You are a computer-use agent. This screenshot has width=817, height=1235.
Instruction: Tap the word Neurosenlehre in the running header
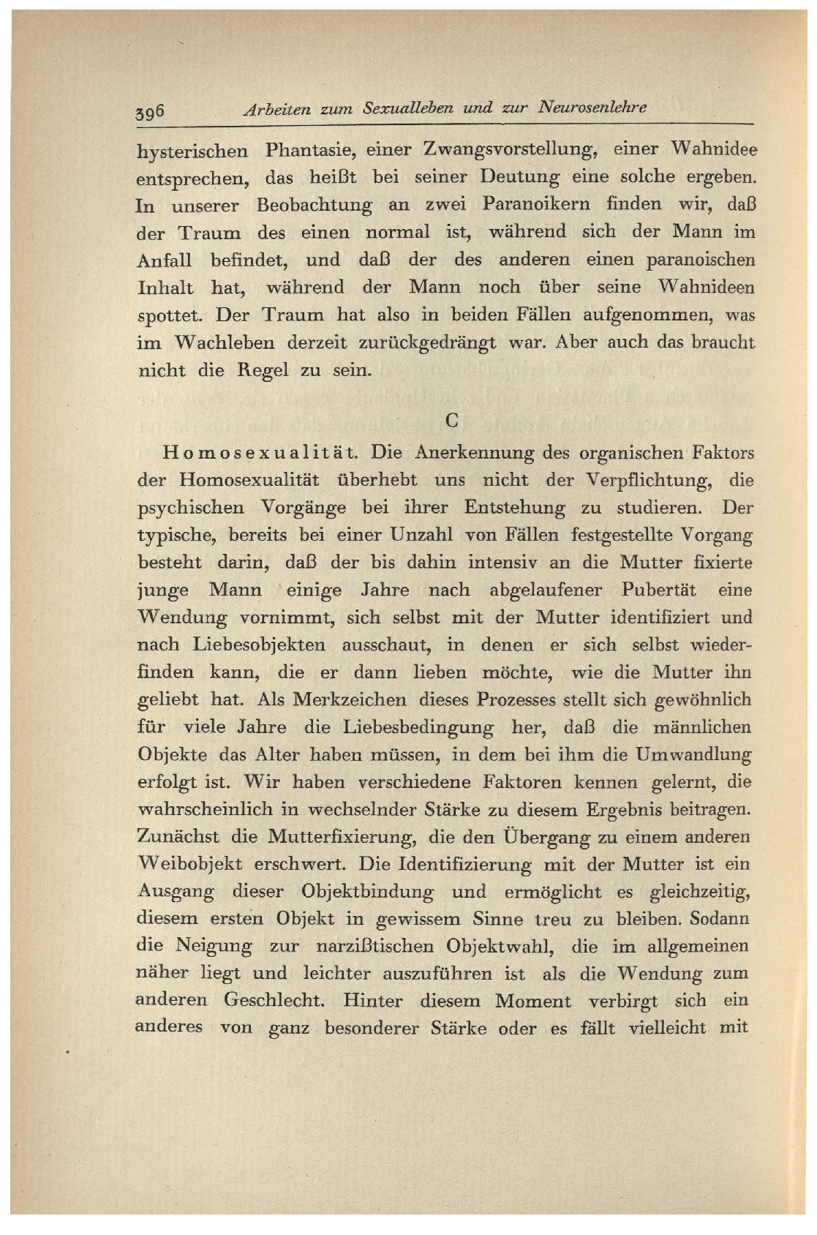592,107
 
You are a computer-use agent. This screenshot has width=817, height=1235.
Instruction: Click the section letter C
452,420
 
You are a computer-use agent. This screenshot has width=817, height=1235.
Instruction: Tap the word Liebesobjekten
259,645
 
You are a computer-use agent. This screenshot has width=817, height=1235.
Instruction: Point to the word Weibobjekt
189,864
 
